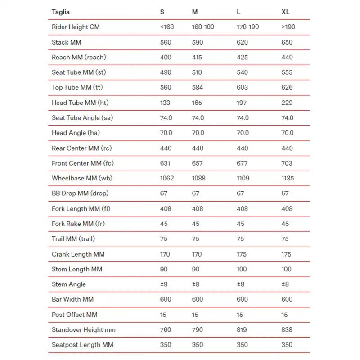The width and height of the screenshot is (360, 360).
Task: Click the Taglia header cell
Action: pyautogui.click(x=61, y=12)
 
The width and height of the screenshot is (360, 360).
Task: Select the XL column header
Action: pyautogui.click(x=285, y=12)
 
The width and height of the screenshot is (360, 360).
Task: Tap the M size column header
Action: pyautogui.click(x=195, y=12)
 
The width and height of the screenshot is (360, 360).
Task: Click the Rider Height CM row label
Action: pyautogui.click(x=76, y=27)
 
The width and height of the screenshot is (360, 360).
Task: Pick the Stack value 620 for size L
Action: pyautogui.click(x=242, y=42)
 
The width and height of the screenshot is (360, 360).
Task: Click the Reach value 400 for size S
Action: pyautogui.click(x=166, y=58)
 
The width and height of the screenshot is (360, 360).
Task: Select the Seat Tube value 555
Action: pyautogui.click(x=287, y=72)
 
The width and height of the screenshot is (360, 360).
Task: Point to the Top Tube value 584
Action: pyautogui.click(x=198, y=88)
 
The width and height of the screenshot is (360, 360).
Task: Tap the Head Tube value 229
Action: pyautogui.click(x=287, y=103)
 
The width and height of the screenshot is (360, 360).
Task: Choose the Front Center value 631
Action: pyautogui.click(x=165, y=163)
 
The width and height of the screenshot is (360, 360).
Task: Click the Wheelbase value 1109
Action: pyautogui.click(x=243, y=178)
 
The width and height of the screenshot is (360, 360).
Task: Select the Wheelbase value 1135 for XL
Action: pyautogui.click(x=288, y=178)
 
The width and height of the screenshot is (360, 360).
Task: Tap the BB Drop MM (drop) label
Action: pyautogui.click(x=80, y=193)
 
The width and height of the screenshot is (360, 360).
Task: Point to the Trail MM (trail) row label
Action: pyautogui.click(x=73, y=239)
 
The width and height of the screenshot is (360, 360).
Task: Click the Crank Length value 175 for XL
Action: pyautogui.click(x=287, y=254)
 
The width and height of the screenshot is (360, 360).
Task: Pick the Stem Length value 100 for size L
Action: pyautogui.click(x=242, y=269)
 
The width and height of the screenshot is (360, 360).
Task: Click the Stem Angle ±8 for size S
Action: pyautogui.click(x=164, y=284)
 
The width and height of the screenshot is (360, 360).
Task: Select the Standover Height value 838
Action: pyautogui.click(x=287, y=330)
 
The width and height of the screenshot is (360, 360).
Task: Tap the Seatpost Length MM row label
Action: pyautogui.click(x=82, y=345)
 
